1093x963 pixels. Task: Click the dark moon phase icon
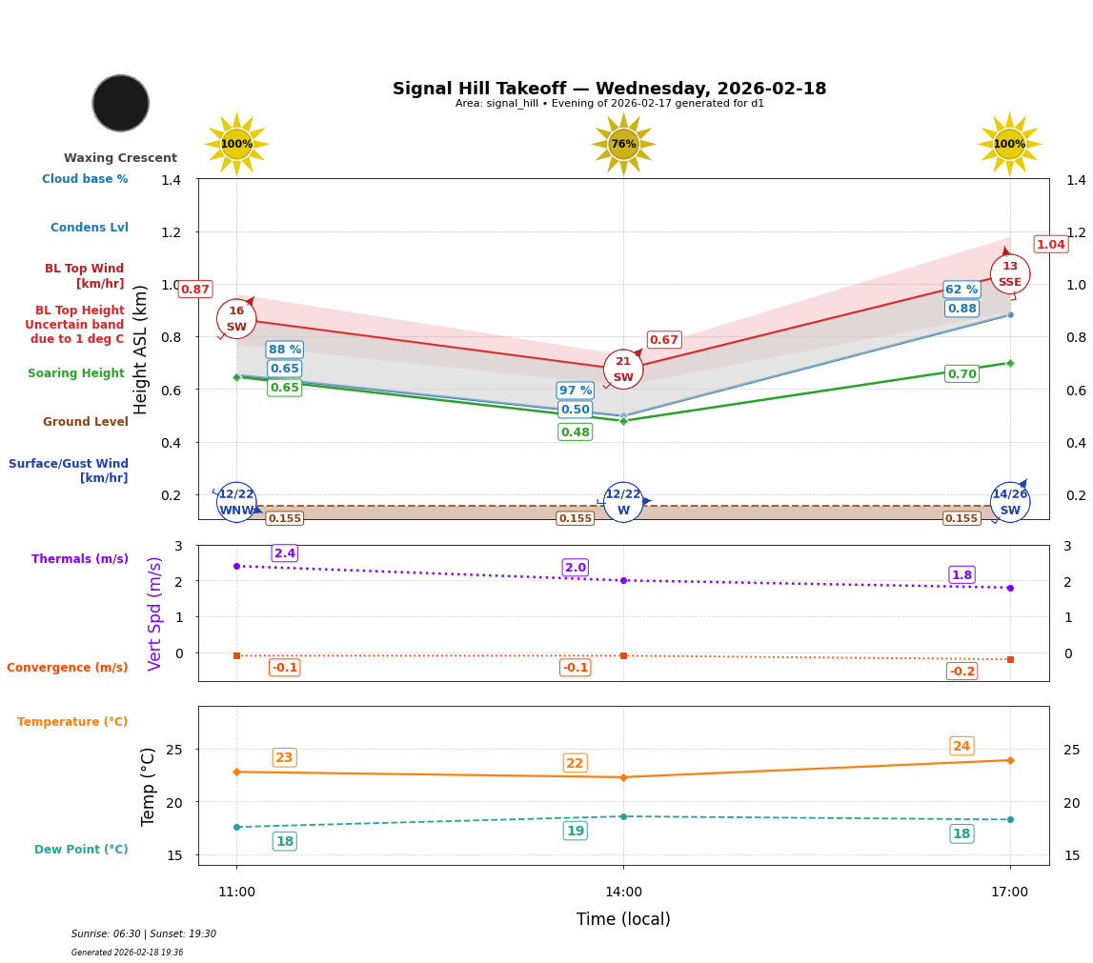pos(121,103)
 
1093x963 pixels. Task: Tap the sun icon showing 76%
pos(623,144)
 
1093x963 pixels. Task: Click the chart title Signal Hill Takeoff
pos(609,89)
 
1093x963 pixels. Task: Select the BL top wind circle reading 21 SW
pos(623,370)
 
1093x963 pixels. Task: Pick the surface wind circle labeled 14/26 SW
pos(1010,502)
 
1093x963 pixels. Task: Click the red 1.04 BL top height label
pos(1050,245)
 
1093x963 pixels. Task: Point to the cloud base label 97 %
pos(576,391)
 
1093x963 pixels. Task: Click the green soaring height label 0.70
pos(961,374)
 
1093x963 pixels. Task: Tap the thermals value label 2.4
pos(285,553)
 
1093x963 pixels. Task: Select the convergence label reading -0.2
pos(961,672)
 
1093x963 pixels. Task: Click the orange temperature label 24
pos(961,746)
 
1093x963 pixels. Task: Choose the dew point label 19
pos(576,831)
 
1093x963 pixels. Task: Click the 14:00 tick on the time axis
pos(623,892)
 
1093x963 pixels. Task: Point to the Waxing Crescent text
pos(120,158)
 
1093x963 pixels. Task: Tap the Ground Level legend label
pos(86,422)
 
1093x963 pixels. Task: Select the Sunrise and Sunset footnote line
pos(144,934)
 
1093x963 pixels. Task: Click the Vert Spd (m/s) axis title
pos(155,613)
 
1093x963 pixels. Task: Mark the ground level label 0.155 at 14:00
pos(576,518)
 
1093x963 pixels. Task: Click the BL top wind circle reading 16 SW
pos(236,319)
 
